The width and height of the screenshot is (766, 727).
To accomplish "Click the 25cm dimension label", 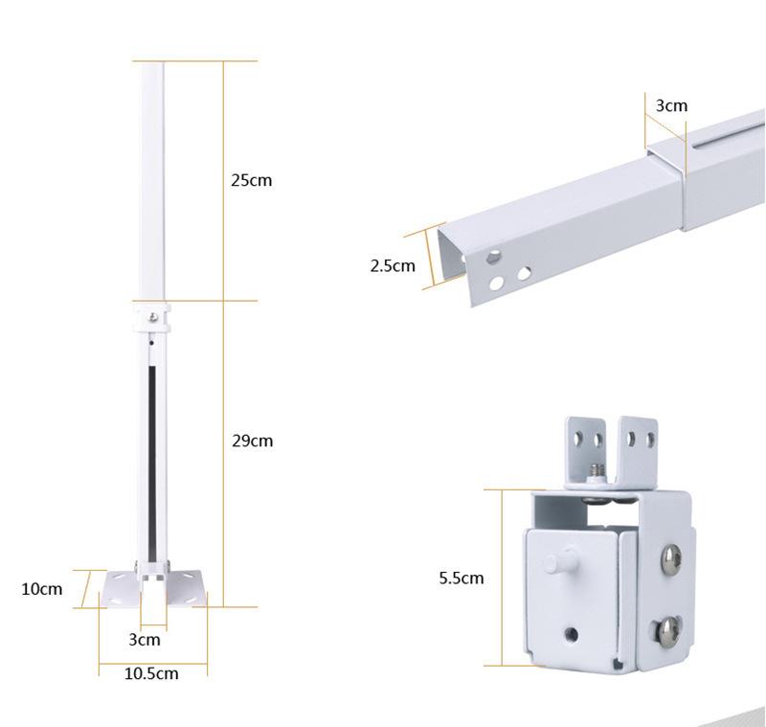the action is pos(251,180).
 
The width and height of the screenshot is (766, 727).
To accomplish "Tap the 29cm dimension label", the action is pos(252,442).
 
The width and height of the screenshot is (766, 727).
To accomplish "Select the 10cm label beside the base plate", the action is pos(41,589).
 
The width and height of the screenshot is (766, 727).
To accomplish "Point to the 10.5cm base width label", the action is pos(151,673).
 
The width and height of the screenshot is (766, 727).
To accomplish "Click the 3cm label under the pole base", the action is pos(145,640).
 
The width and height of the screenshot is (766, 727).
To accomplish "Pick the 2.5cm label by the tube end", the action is pos(393,265).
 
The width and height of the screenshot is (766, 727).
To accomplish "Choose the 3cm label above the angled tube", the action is pos(671,105).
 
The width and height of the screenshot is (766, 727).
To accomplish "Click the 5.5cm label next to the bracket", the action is pos(462,578).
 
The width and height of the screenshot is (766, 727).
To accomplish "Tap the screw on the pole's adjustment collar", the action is pos(153,317).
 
